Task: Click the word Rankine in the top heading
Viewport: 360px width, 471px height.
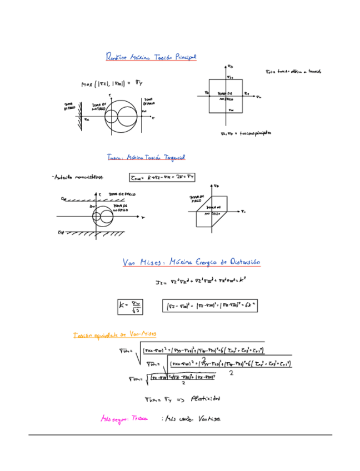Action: click(117, 57)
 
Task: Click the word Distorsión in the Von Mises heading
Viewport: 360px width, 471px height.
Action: click(242, 262)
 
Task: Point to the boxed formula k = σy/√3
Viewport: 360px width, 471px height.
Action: click(129, 305)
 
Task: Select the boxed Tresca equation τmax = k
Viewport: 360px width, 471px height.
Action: click(162, 178)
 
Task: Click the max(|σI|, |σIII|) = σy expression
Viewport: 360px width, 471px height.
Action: click(111, 83)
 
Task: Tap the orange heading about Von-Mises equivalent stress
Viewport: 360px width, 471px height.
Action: click(114, 335)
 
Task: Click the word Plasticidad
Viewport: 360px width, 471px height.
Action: click(206, 398)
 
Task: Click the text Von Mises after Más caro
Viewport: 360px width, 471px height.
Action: click(208, 419)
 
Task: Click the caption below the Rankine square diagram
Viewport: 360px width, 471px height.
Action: click(244, 133)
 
